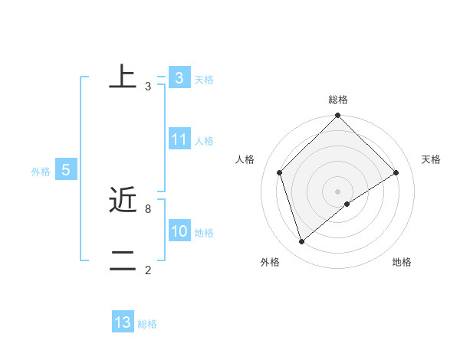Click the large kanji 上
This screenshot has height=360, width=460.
click(x=123, y=77)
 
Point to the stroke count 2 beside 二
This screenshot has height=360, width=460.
click(x=148, y=270)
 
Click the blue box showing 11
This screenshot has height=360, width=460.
click(x=179, y=139)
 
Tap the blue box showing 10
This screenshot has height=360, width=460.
click(x=179, y=231)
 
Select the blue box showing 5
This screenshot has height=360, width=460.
click(x=66, y=170)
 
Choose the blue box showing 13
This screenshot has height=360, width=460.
click(x=123, y=322)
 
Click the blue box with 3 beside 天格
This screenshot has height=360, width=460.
click(x=179, y=78)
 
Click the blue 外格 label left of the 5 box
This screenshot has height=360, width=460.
click(x=41, y=172)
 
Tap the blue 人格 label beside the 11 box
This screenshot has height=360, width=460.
click(x=204, y=141)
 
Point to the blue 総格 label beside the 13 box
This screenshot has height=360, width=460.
click(x=147, y=324)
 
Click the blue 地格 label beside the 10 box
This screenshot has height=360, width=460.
click(x=204, y=233)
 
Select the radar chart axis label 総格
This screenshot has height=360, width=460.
click(x=338, y=100)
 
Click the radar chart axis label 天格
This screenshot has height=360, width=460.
click(x=431, y=159)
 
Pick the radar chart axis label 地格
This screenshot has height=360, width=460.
click(x=402, y=262)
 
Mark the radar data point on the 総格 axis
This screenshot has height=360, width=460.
click(x=338, y=116)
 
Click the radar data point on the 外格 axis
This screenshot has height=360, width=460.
click(x=301, y=242)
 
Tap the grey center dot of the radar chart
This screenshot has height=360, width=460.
click(x=338, y=191)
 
